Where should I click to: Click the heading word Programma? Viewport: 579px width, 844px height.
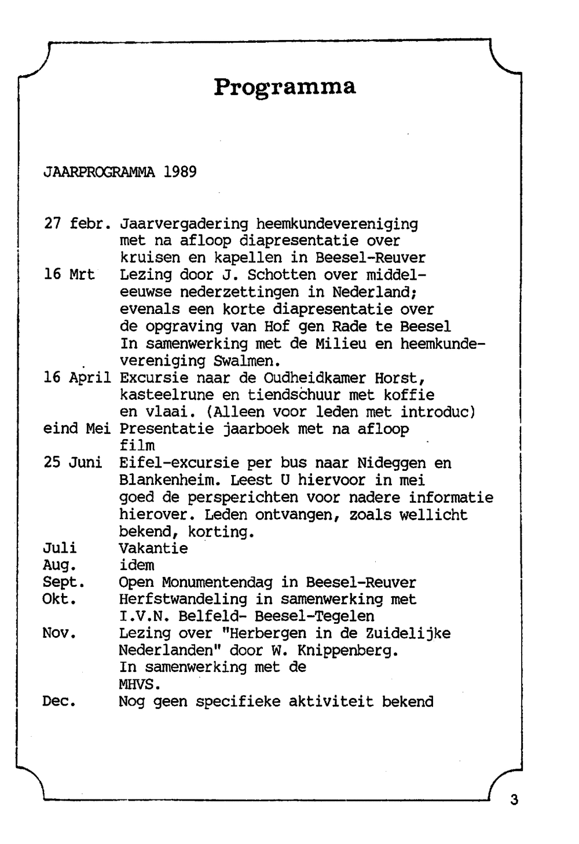(x=284, y=87)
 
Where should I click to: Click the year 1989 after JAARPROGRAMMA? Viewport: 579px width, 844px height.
(x=180, y=172)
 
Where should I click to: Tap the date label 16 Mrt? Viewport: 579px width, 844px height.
(x=69, y=275)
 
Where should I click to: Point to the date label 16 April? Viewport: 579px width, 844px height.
(x=78, y=378)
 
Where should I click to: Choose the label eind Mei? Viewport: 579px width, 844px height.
(x=78, y=429)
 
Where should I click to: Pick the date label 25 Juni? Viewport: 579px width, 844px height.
(x=73, y=463)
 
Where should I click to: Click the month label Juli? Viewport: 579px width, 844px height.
(x=60, y=548)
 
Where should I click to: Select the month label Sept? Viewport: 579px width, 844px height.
(x=64, y=582)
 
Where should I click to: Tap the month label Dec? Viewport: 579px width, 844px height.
(x=60, y=701)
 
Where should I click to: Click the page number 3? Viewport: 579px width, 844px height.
(x=514, y=801)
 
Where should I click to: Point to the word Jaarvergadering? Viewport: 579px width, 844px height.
(x=184, y=224)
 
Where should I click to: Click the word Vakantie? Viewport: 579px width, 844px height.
(x=153, y=548)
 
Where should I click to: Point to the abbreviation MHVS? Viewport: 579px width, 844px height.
(x=140, y=684)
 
